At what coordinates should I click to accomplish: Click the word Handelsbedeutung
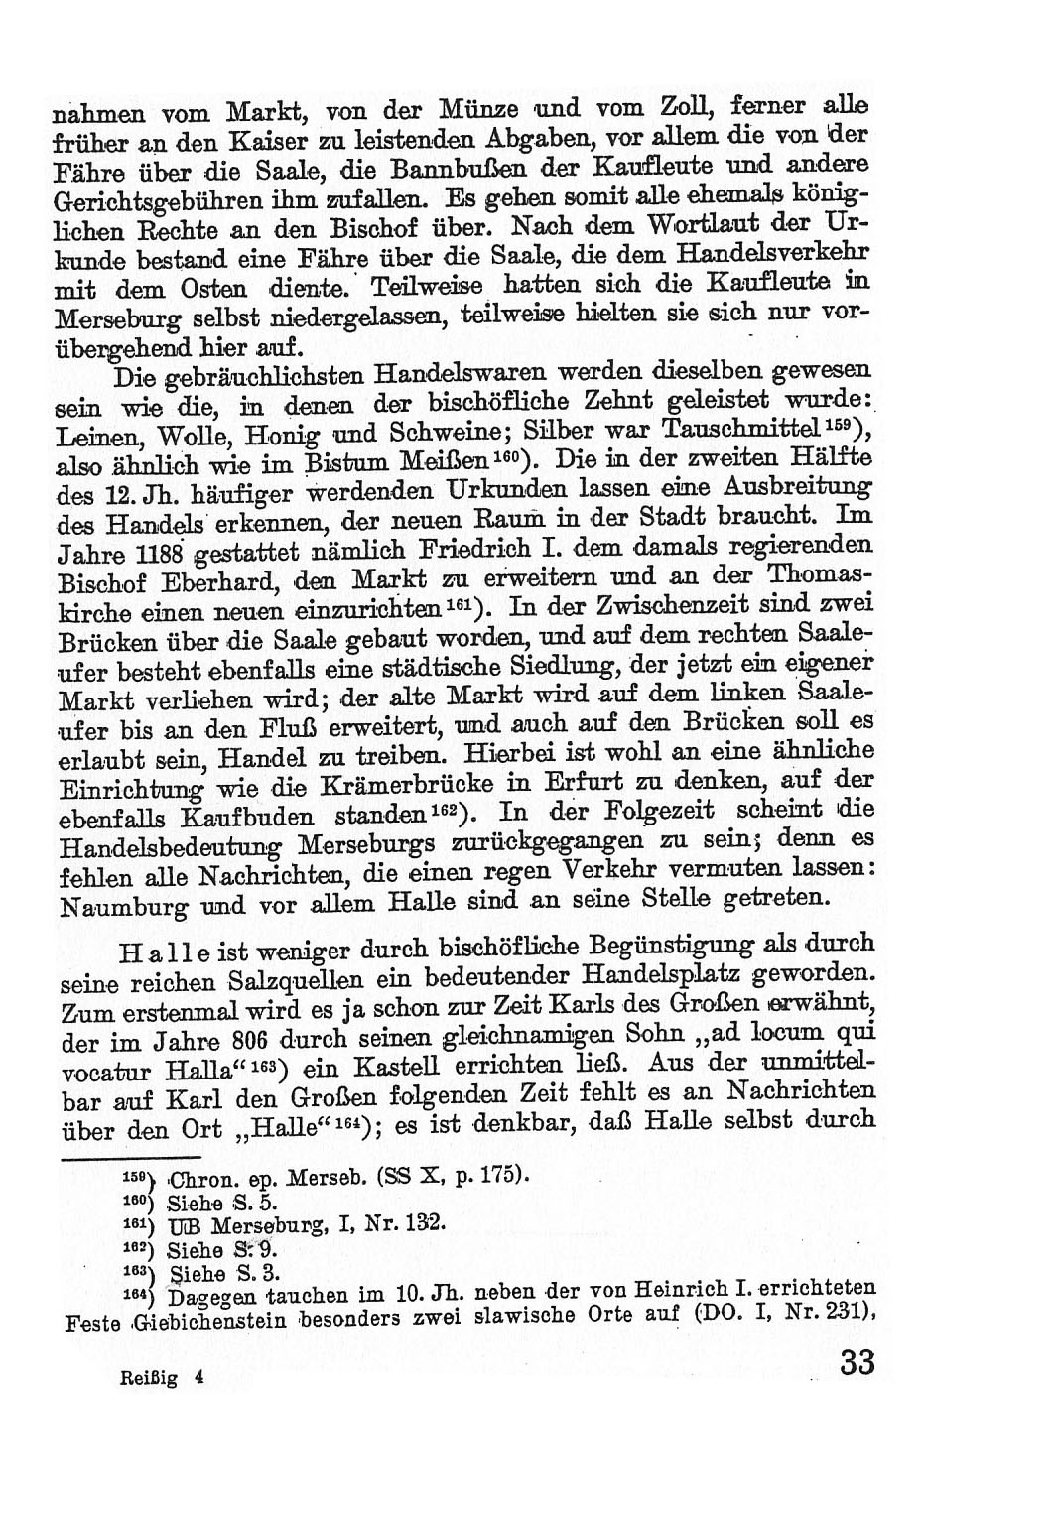(x=159, y=846)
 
